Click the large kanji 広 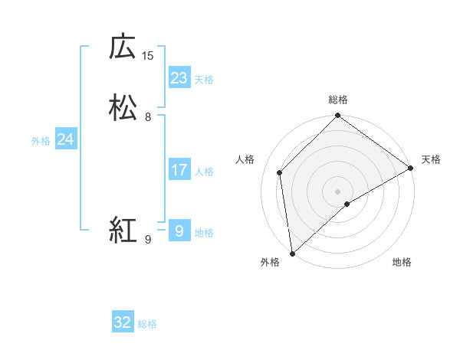[x=123, y=47]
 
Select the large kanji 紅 [x=123, y=230]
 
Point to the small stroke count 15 [x=148, y=55]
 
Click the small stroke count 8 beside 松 [x=148, y=117]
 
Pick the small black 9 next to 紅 [x=148, y=240]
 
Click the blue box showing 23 [x=179, y=78]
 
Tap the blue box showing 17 [x=179, y=170]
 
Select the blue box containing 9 [x=179, y=231]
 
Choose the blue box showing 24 [x=66, y=139]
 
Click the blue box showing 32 [x=123, y=322]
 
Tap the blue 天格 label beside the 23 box [x=204, y=80]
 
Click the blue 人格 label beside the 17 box [x=204, y=172]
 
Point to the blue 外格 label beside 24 [x=41, y=141]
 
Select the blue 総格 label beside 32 [x=147, y=324]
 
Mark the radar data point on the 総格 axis [x=337, y=116]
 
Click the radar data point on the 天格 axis [x=411, y=168]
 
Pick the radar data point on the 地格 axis [x=347, y=204]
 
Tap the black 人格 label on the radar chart [x=245, y=159]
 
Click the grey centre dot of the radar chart [x=337, y=191]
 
